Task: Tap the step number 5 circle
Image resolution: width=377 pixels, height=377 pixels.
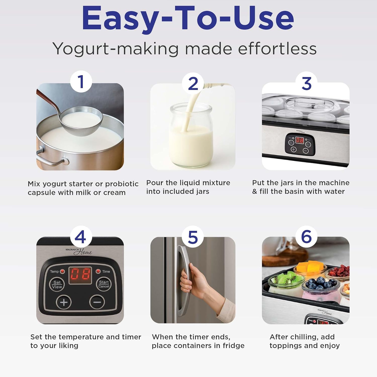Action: click(x=193, y=237)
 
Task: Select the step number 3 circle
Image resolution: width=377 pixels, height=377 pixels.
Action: click(x=306, y=83)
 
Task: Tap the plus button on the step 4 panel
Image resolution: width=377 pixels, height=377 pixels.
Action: click(x=64, y=302)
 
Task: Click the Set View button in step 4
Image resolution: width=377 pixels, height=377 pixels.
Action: click(x=57, y=285)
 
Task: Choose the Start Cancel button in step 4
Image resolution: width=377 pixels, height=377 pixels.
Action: click(x=104, y=284)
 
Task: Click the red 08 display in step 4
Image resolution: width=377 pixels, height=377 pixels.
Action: click(x=80, y=275)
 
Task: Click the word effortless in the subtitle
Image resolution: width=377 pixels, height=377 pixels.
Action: click(x=277, y=49)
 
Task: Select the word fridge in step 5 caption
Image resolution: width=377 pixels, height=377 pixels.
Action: click(x=233, y=346)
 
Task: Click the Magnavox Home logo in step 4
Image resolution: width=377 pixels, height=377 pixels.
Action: click(x=79, y=251)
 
